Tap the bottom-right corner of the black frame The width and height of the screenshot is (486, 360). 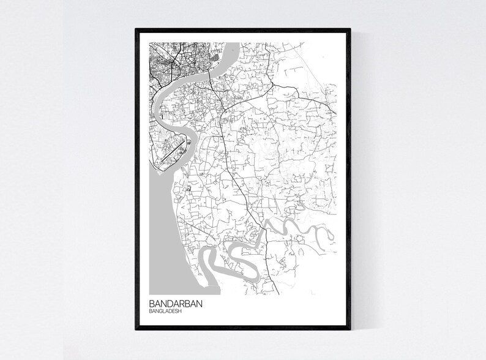click(x=351, y=329)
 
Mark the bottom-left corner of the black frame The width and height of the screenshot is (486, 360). click(x=136, y=329)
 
